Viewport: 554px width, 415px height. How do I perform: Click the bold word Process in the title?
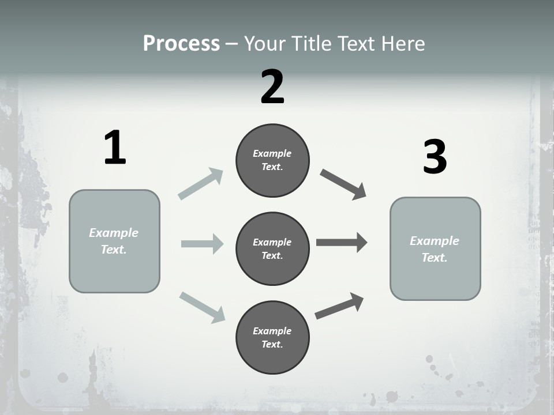pos(181,43)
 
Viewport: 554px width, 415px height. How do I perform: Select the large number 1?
pos(115,148)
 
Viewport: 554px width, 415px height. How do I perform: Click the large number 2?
pos(272,86)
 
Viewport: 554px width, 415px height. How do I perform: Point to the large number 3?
pos(435,157)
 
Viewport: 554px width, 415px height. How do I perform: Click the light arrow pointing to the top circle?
pos(200,184)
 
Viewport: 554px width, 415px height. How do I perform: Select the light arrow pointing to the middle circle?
pos(202,244)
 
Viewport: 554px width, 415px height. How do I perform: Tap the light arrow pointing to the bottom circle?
pos(202,307)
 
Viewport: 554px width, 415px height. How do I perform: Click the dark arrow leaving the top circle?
pos(343,184)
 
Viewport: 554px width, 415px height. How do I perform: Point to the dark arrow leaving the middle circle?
pos(342,243)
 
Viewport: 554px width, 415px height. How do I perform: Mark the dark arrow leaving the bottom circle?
pos(339,306)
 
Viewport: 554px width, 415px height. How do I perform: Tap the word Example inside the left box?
pos(114,233)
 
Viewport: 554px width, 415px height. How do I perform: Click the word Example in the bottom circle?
pos(272,331)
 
